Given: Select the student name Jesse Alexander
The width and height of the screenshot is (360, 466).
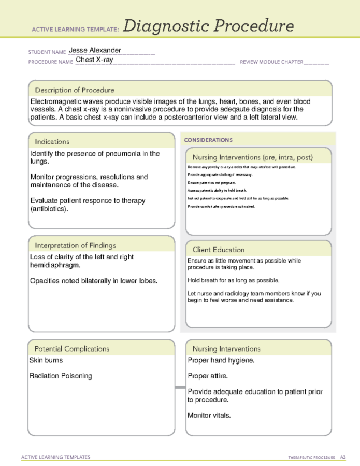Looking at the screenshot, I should coord(95,50).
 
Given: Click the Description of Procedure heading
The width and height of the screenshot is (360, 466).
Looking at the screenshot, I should coord(75,90).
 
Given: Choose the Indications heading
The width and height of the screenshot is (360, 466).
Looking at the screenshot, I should coord(52,141).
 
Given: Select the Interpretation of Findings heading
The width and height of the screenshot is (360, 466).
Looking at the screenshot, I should coord(75,245).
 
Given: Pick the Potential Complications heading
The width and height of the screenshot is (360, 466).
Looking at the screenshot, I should coord(72,348).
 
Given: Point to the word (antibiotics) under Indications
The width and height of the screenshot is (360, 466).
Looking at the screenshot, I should coord(49,209).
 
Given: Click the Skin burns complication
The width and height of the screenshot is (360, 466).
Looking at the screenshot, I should coord(47,360).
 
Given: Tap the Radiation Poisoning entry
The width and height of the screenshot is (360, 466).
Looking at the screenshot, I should coord(61,376).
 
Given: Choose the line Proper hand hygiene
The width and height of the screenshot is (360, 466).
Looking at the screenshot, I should coord(221,360).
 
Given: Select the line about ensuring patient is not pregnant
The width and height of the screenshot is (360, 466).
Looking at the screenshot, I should coord(212,183).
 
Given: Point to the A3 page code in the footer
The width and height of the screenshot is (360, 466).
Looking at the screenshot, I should coord(343,457).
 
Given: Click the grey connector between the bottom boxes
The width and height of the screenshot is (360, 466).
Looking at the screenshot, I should coord(180,387).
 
